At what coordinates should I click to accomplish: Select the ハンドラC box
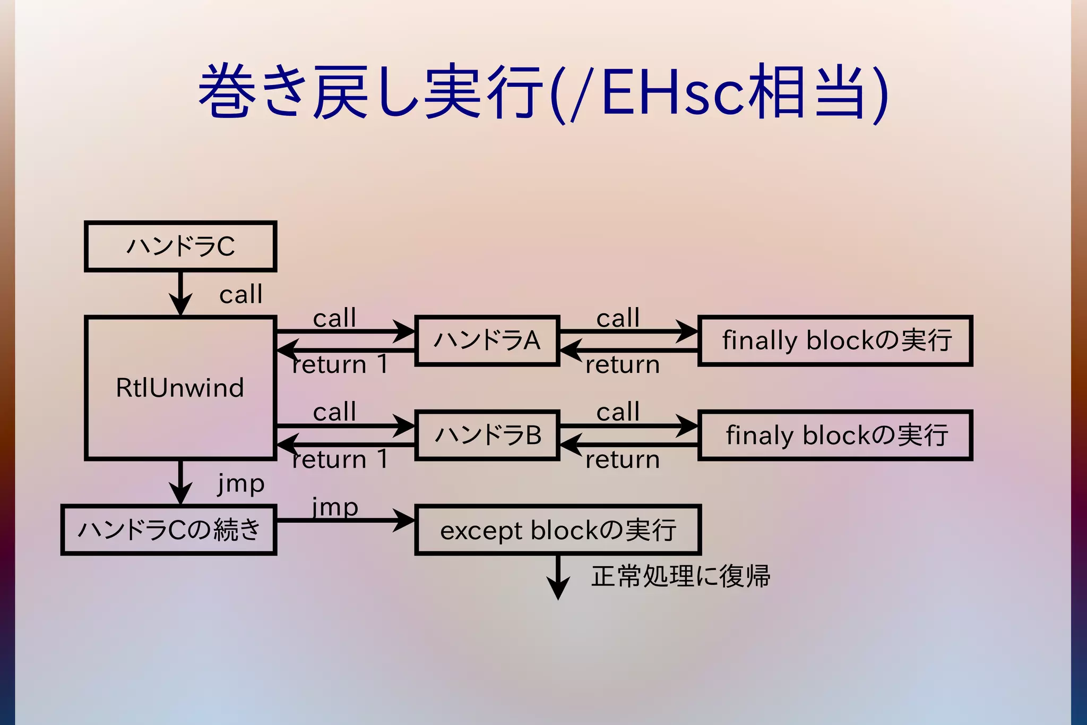coord(180,246)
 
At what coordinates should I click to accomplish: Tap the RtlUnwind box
coord(180,388)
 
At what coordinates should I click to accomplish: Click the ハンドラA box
coord(487,340)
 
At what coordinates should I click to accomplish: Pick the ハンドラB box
coord(487,435)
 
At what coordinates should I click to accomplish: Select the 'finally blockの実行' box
coord(835,340)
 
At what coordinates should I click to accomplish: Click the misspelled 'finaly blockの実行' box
coord(835,435)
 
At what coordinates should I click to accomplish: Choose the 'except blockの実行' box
coord(557,530)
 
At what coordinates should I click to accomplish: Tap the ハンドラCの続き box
coord(169,530)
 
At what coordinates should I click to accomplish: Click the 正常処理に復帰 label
coord(680,576)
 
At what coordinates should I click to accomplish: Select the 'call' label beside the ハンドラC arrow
coord(240,294)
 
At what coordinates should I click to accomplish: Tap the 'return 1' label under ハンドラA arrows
coord(340,365)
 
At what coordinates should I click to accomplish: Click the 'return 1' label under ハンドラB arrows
coord(340,459)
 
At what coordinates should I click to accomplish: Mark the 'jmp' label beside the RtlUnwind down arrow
coord(240,483)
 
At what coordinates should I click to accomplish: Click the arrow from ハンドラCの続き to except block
coord(345,520)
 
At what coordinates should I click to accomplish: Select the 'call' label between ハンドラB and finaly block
coord(618,412)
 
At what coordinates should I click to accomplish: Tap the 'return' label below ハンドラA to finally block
coord(622,365)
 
